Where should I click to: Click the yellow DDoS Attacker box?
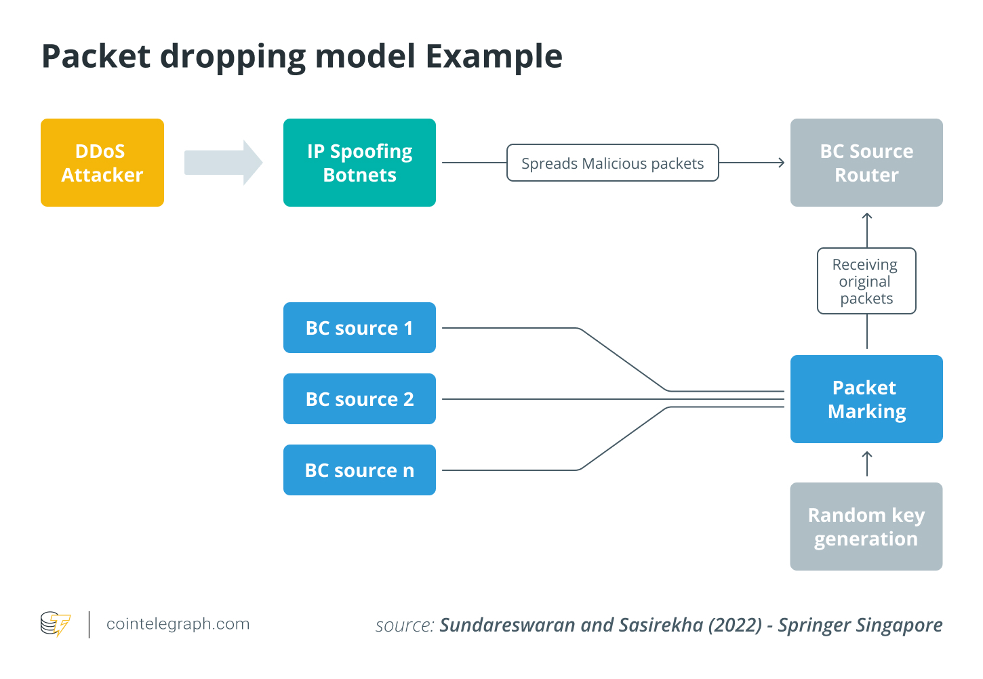[102, 163]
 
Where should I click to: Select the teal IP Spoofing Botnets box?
[359, 163]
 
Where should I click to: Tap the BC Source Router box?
[866, 163]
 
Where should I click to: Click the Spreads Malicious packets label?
[612, 163]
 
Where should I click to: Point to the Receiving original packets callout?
[866, 281]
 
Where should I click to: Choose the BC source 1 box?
[359, 328]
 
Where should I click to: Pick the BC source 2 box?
[359, 399]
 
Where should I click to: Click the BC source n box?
[359, 470]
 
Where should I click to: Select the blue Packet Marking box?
[866, 399]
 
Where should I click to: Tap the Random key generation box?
[866, 527]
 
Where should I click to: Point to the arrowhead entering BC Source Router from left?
[781, 163]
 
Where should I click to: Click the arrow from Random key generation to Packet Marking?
[867, 464]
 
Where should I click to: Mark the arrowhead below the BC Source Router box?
[867, 218]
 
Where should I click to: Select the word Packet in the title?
[96, 56]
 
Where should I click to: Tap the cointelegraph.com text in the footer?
[178, 624]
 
